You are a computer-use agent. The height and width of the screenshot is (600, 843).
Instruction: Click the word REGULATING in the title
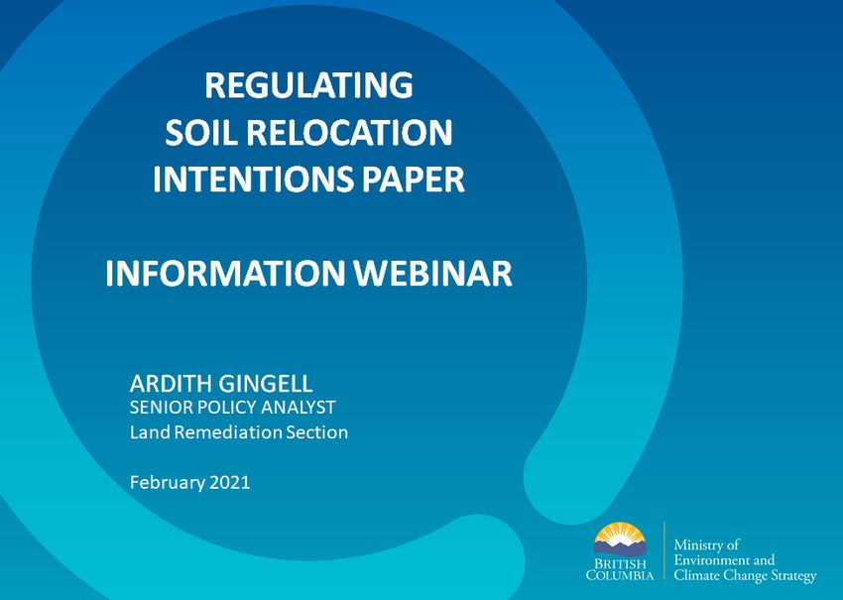click(308, 85)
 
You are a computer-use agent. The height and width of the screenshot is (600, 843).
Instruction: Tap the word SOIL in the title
click(201, 132)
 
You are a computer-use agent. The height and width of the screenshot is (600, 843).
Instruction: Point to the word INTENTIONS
click(253, 180)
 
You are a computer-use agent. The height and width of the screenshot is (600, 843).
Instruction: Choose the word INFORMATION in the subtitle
click(225, 273)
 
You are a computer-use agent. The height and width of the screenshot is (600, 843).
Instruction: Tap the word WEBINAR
click(432, 273)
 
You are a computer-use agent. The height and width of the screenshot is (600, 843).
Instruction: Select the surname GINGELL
click(266, 384)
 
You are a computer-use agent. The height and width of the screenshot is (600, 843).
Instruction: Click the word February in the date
click(168, 482)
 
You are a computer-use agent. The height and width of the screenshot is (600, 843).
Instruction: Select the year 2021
click(229, 482)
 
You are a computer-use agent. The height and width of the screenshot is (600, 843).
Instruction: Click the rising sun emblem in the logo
click(619, 539)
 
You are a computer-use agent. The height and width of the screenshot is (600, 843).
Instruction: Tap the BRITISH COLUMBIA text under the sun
click(620, 570)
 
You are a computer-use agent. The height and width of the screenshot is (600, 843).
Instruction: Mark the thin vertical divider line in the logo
click(664, 551)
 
